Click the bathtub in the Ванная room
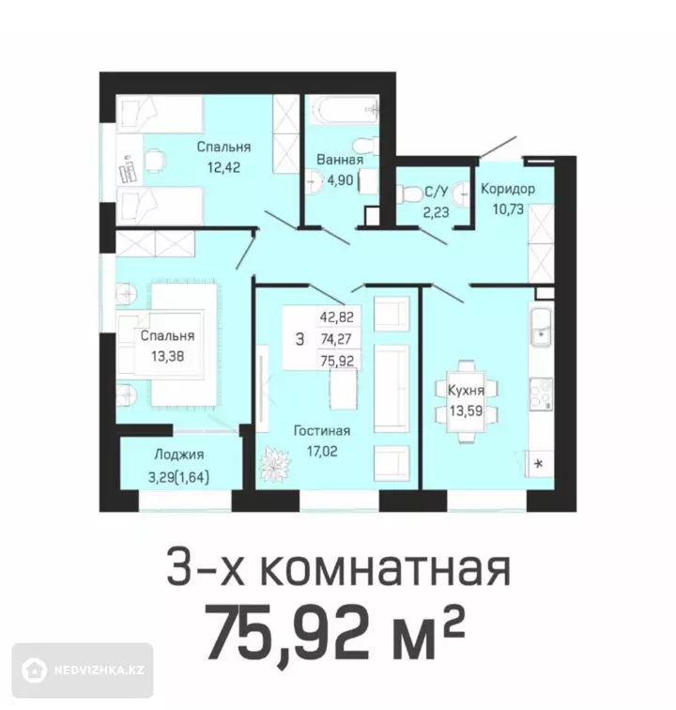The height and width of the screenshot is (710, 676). click(345, 109)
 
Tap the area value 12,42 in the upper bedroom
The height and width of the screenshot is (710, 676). click(223, 167)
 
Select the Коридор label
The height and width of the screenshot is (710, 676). click(508, 189)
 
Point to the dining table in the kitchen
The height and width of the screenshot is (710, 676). click(466, 401)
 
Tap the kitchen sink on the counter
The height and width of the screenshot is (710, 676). click(540, 327)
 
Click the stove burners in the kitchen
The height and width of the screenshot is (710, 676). click(541, 393)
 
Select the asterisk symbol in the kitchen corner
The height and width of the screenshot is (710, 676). click(539, 464)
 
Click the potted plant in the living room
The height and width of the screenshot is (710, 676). click(275, 464)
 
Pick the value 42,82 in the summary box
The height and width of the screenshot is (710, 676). click(336, 317)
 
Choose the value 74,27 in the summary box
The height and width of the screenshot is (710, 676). click(336, 339)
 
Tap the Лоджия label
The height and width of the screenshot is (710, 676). click(179, 455)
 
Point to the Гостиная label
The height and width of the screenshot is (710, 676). click(322, 431)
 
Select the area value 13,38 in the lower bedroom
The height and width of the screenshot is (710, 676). click(168, 356)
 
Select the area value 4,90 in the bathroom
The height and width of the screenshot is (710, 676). click(340, 180)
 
